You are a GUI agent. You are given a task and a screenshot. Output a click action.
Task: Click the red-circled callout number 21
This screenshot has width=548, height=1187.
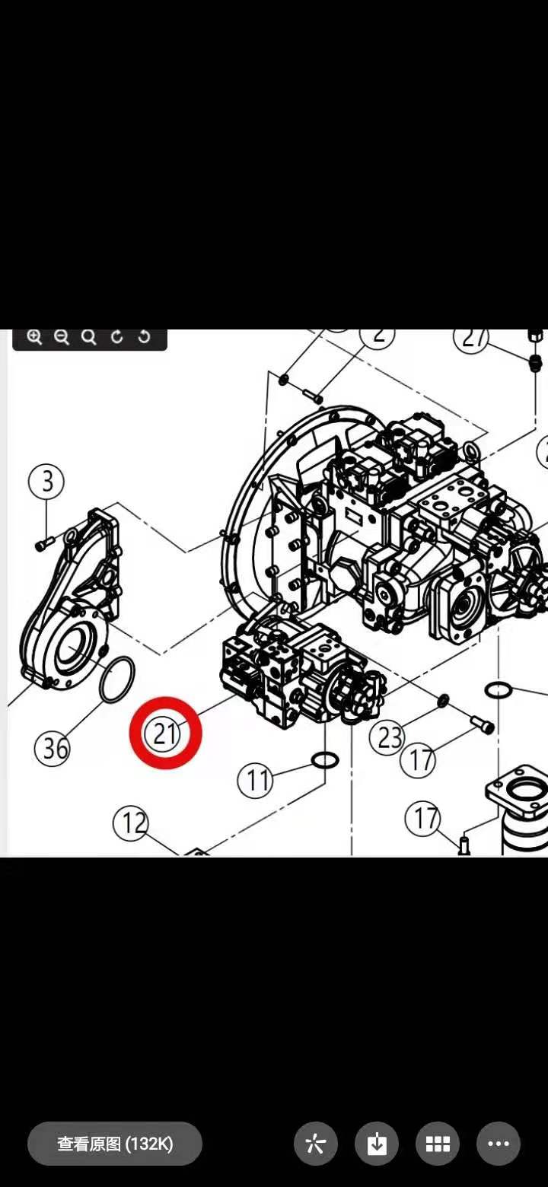(x=165, y=733)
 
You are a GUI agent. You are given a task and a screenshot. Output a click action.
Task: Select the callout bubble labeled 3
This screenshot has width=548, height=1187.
(x=47, y=481)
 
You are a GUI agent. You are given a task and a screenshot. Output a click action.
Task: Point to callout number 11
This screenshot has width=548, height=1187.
(x=256, y=780)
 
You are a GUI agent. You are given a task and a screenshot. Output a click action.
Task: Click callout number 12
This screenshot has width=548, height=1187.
(x=132, y=823)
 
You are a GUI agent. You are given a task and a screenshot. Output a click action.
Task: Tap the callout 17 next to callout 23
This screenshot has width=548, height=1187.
(x=419, y=759)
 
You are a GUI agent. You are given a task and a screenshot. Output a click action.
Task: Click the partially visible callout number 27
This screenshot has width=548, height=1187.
(x=472, y=338)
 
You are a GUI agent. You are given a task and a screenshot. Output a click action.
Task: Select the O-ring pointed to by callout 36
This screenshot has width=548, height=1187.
(x=118, y=677)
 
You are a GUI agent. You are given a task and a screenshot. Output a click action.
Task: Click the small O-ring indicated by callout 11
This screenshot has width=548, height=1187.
(x=325, y=759)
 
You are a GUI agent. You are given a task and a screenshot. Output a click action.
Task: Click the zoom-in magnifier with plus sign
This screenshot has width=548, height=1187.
(x=34, y=337)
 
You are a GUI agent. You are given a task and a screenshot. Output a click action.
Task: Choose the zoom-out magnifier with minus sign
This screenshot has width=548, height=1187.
(x=62, y=337)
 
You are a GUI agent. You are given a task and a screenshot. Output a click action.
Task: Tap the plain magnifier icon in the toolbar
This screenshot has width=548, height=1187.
(x=89, y=337)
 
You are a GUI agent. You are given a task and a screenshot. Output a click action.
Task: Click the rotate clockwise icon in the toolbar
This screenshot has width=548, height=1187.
(x=116, y=337)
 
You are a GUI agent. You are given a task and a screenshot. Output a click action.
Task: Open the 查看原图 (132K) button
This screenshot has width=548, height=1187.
(x=115, y=1144)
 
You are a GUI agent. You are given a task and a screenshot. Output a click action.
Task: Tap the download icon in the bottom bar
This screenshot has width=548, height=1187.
(x=377, y=1144)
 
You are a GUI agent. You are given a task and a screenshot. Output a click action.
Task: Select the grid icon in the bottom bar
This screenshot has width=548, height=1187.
(x=438, y=1144)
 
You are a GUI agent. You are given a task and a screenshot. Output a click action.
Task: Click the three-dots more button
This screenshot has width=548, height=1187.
(x=499, y=1144)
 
